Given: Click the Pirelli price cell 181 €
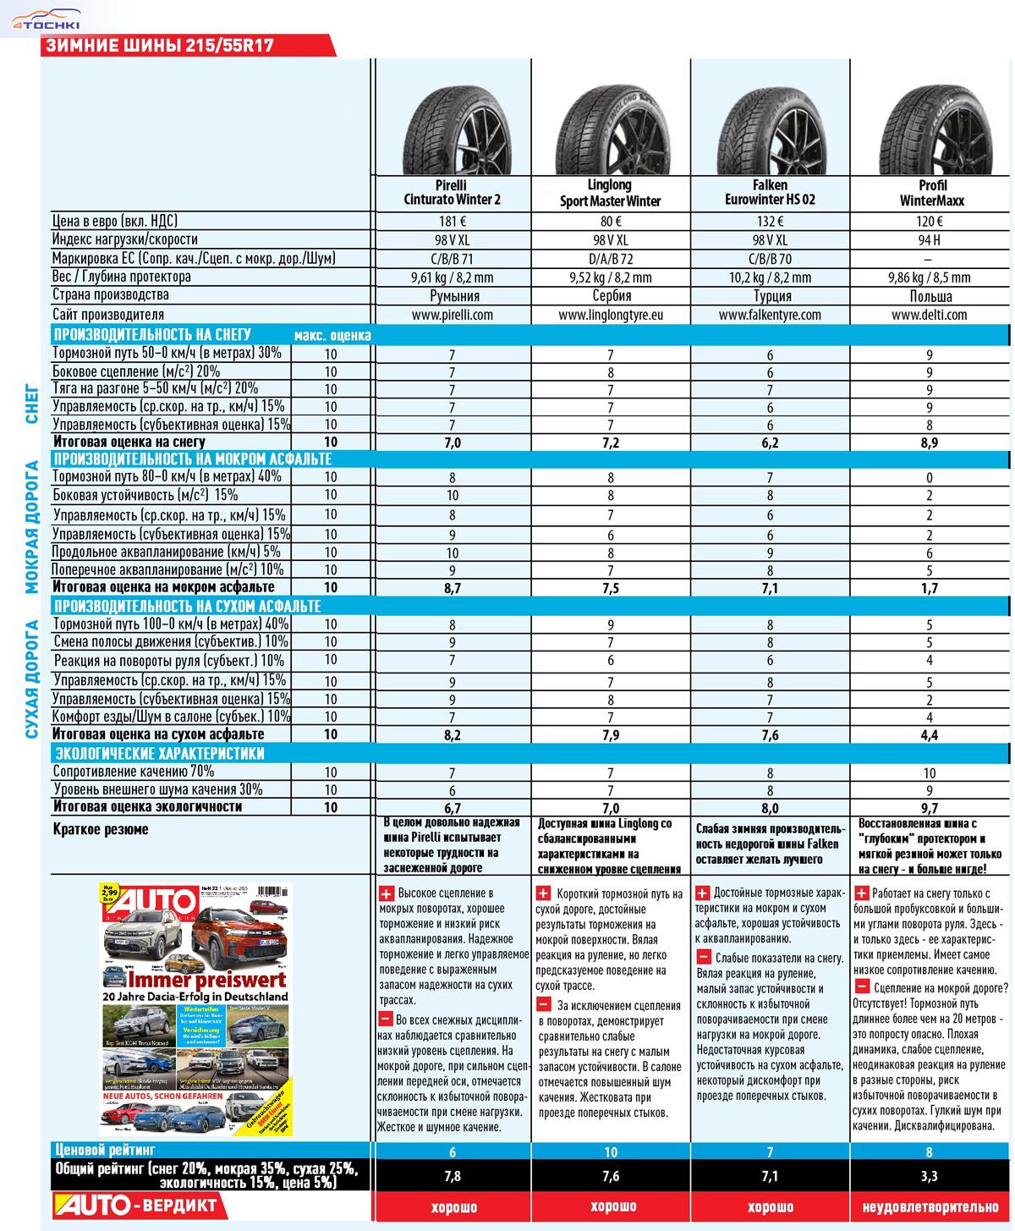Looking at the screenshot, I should click(452, 222).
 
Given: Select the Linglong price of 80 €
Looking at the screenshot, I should click(611, 222).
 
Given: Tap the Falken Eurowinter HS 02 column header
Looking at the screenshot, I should click(770, 193).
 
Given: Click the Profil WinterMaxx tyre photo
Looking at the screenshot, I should click(929, 123).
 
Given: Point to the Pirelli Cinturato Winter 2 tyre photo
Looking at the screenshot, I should click(452, 123).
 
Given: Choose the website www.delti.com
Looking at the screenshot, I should click(929, 315).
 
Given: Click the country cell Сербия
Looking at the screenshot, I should click(611, 296).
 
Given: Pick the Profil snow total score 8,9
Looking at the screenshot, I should click(929, 442).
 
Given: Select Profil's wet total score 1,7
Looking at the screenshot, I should click(929, 588).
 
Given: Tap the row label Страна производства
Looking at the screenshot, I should click(110, 295).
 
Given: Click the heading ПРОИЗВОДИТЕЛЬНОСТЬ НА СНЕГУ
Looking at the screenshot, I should click(152, 334).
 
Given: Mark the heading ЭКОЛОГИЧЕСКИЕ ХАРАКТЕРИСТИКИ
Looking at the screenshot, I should click(159, 753).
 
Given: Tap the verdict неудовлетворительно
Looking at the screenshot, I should click(929, 1206).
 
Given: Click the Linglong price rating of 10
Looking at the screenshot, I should click(611, 1151).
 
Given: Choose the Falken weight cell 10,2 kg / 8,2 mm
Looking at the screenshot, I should click(770, 278).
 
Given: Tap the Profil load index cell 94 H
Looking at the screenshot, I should click(929, 240).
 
